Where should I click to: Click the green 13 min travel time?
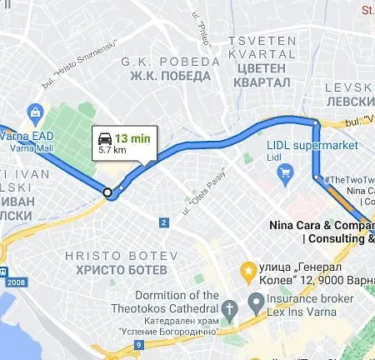click(132, 138)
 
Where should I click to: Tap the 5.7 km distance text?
click(112, 151)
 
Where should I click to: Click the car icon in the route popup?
click(104, 137)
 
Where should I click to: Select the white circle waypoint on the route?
click(107, 192)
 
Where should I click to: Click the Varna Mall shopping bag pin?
click(35, 112)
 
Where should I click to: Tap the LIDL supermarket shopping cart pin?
click(286, 173)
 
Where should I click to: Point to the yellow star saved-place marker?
click(247, 270)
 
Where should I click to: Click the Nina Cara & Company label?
click(322, 225)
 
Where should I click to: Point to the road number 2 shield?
click(164, 222)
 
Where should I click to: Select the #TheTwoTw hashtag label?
click(349, 179)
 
